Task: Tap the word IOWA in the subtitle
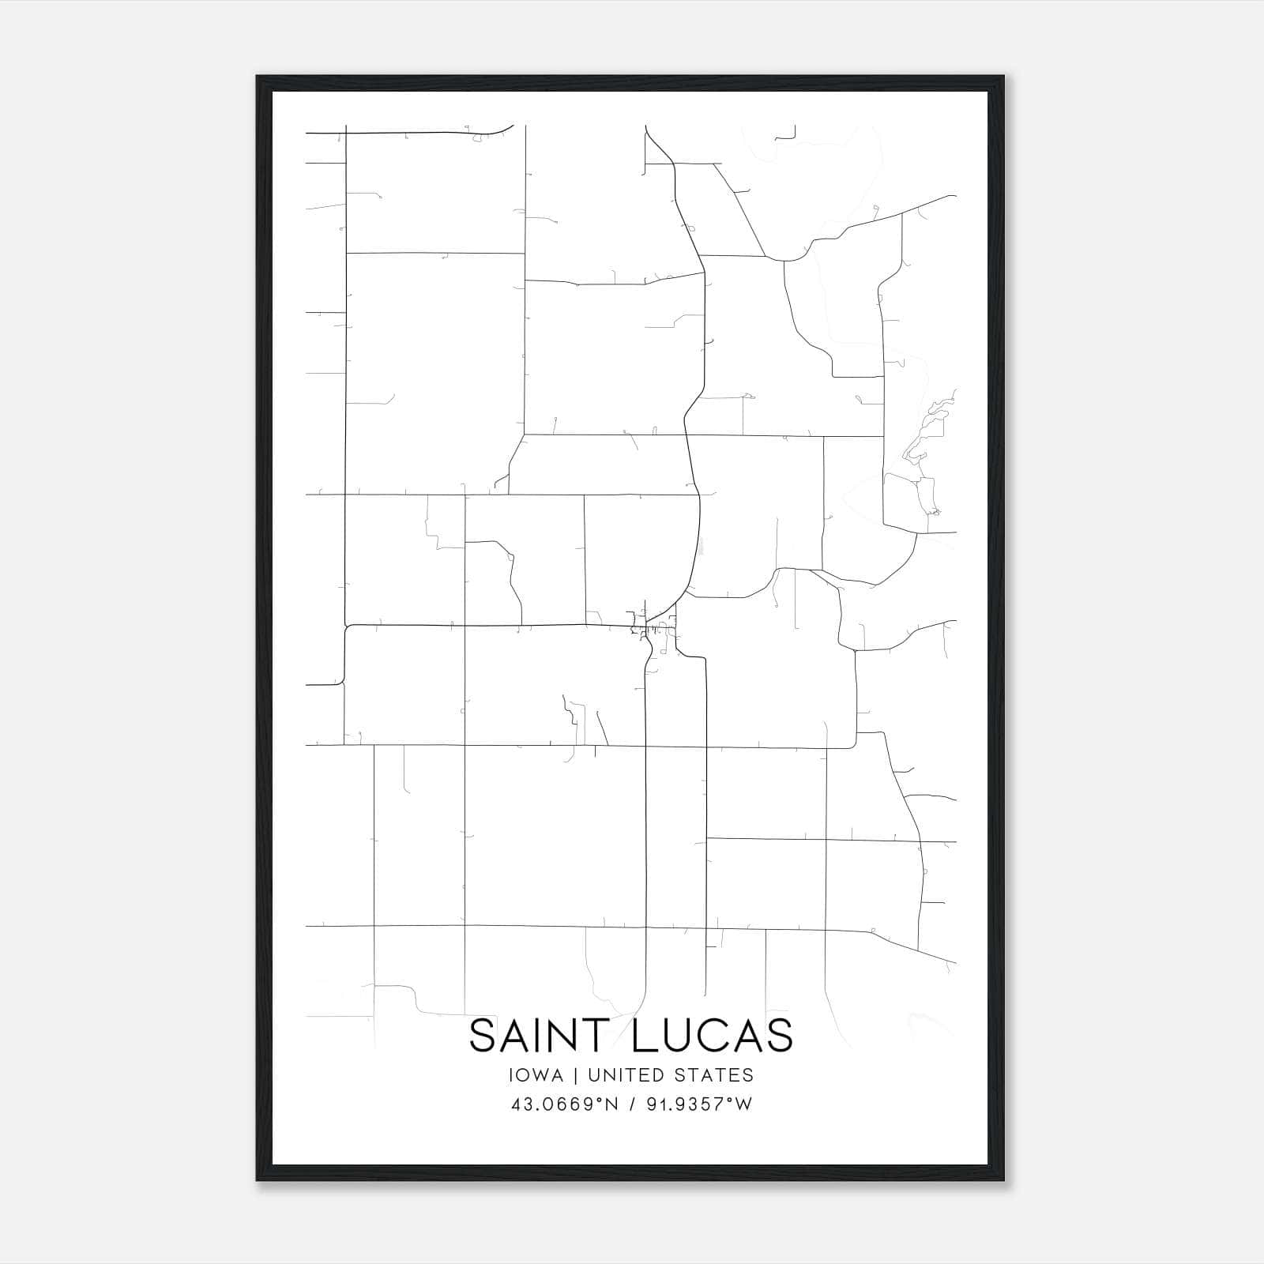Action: [x=536, y=1075]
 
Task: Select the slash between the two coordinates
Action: [x=632, y=1104]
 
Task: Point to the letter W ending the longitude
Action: [x=743, y=1104]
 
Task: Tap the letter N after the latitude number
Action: [x=611, y=1104]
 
